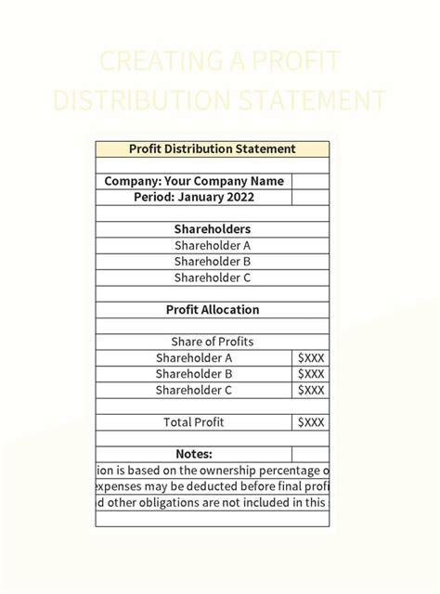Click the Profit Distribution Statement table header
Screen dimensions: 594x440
[x=212, y=148]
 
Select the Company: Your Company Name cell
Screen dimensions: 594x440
[x=194, y=181]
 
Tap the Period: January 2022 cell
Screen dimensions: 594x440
[x=194, y=197]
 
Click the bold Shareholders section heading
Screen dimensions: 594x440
[x=212, y=229]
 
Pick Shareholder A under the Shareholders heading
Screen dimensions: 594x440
[x=212, y=246]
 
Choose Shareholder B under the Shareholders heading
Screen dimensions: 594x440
[x=212, y=262]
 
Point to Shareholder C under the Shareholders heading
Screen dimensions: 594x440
[x=212, y=278]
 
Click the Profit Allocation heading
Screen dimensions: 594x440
[x=212, y=310]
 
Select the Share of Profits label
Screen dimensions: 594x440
[x=212, y=342]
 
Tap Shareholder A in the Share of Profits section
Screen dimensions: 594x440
[x=194, y=358]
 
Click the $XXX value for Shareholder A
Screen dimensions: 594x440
[x=311, y=358]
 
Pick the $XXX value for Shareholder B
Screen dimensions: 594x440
[x=311, y=374]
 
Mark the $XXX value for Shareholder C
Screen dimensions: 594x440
[x=311, y=391]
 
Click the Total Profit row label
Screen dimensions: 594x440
[x=194, y=422]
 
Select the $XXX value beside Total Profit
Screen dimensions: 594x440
[x=311, y=422]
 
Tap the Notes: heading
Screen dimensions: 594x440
[x=194, y=455]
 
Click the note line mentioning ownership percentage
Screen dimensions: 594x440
[x=212, y=471]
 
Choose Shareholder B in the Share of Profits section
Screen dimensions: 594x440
[x=194, y=374]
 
